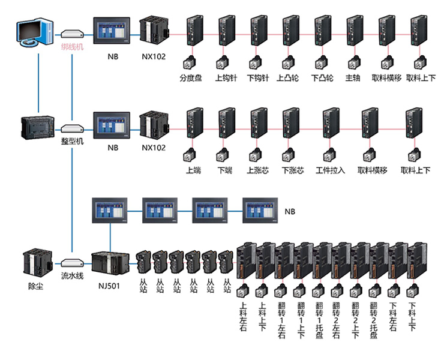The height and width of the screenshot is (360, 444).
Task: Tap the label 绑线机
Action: coord(72,46)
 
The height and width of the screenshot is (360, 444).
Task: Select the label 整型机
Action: coord(72,141)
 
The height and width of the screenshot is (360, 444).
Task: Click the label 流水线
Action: coord(72,277)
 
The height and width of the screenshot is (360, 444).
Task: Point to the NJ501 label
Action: coord(108,286)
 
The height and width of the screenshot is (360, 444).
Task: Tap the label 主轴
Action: coord(352,77)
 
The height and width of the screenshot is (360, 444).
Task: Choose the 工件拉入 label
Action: coord(330,170)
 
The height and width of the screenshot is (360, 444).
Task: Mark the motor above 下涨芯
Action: coord(293,154)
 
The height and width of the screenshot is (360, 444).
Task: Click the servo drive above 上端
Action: coord(194,124)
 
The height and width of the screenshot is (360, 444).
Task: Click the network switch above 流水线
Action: coord(72,263)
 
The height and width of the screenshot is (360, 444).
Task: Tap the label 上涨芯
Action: coord(259,170)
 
